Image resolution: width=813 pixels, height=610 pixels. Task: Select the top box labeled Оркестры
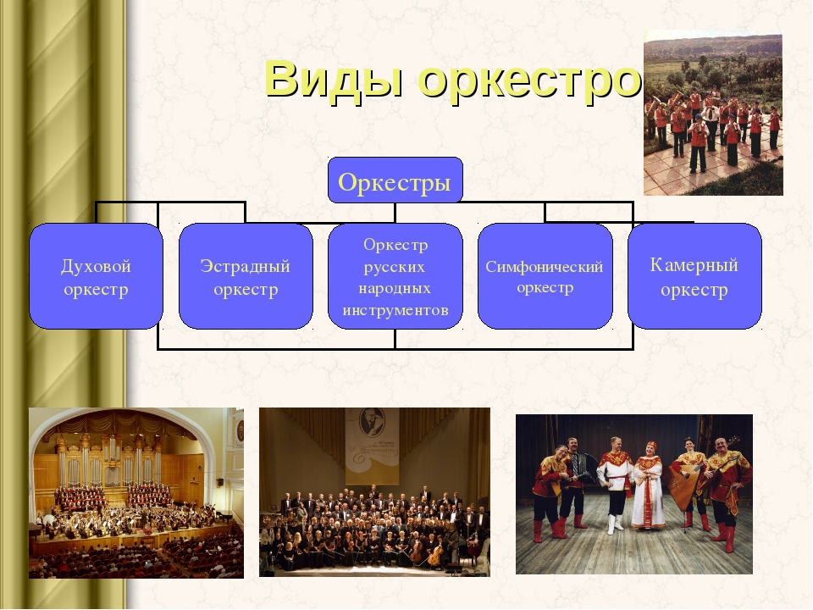(x=395, y=180)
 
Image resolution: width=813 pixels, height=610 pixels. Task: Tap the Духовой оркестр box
(x=96, y=276)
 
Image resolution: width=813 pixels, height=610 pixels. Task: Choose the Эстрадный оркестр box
(x=246, y=276)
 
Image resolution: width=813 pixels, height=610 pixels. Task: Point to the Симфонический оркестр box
(x=545, y=276)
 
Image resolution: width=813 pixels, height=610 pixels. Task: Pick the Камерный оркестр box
(x=694, y=276)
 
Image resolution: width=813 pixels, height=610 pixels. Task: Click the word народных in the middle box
(x=395, y=289)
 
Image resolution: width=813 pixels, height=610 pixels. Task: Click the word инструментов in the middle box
(x=395, y=311)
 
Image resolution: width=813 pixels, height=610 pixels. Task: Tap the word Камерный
(x=694, y=265)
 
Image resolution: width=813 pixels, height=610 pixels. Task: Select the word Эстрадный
(x=246, y=266)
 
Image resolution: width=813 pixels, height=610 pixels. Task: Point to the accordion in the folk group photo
(x=582, y=465)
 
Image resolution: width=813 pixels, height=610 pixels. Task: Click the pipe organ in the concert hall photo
(x=110, y=457)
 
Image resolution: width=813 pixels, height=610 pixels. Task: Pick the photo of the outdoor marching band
(x=713, y=114)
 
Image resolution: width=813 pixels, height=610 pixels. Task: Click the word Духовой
(x=96, y=266)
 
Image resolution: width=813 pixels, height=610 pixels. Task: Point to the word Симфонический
(x=545, y=267)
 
